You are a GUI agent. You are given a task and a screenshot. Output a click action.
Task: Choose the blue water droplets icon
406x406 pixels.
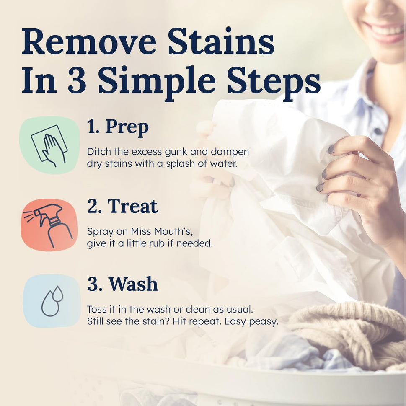(52, 301)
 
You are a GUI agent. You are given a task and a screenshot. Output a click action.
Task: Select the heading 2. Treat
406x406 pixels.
(122, 206)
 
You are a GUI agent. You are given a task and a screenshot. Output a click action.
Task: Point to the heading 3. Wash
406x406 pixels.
(122, 284)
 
